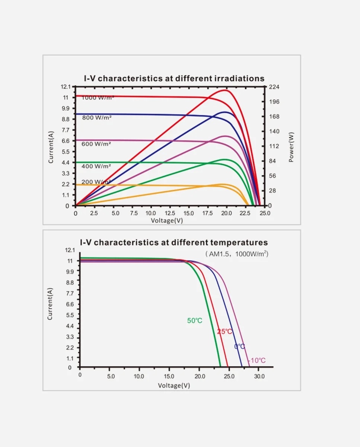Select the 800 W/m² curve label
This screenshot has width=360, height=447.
[x=96, y=118]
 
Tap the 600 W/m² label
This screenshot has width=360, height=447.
[x=96, y=144]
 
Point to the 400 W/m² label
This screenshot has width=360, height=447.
[x=96, y=166]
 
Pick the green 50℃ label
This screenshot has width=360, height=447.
[x=195, y=321]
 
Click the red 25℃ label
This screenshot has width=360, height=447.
[x=224, y=332]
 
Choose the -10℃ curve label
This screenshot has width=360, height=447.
[x=257, y=361]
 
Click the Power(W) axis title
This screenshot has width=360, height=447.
[x=291, y=147]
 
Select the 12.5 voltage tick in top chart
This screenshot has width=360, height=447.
[x=170, y=213]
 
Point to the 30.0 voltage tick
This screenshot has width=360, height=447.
[x=259, y=377]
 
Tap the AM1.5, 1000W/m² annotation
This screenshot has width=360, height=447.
[x=237, y=254]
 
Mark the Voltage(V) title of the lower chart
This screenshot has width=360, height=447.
[x=174, y=386]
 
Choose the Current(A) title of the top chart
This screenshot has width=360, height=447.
[x=51, y=146]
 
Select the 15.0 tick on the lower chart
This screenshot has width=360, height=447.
[x=169, y=377]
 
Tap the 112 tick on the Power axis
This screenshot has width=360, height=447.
[x=274, y=146]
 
